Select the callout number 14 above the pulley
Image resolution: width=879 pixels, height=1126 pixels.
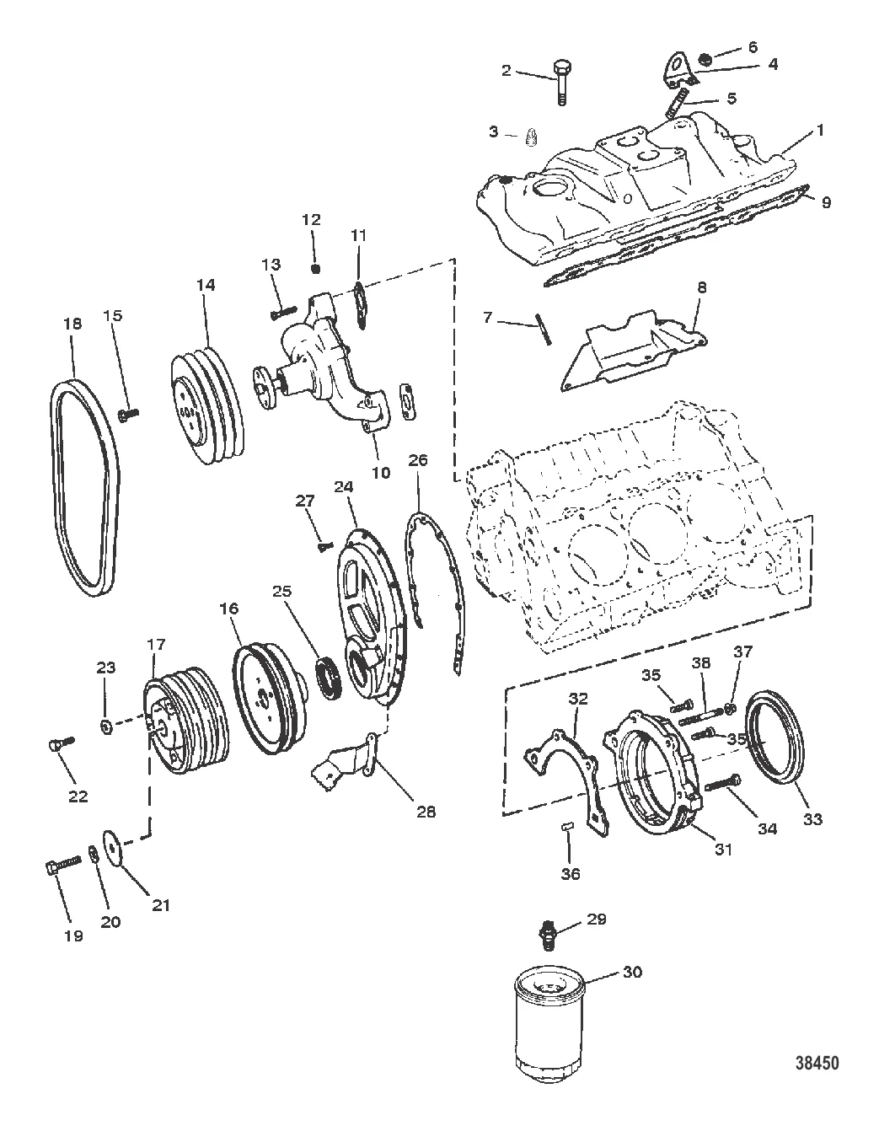click(206, 285)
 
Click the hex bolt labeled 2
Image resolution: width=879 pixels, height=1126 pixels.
click(562, 83)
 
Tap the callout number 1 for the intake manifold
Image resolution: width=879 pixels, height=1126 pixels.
click(820, 130)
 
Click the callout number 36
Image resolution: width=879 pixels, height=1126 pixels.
click(571, 874)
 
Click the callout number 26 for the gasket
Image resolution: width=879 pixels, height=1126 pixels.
click(418, 459)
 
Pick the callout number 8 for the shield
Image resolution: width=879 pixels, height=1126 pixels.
click(702, 287)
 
